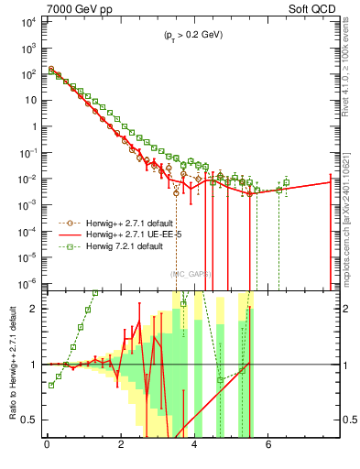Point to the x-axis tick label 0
click(x=47, y=447)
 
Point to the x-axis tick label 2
click(x=121, y=447)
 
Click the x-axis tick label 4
click(x=195, y=447)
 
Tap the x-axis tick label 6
click(x=268, y=447)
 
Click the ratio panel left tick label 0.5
click(x=29, y=420)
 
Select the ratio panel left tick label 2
click(x=35, y=309)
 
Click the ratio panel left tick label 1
click(x=35, y=365)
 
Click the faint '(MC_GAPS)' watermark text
click(x=189, y=273)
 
